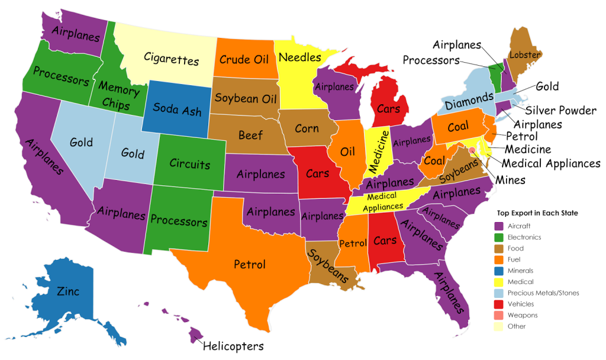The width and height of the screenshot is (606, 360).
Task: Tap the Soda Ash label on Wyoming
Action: tap(177, 110)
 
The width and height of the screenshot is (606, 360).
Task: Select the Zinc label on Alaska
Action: tap(68, 291)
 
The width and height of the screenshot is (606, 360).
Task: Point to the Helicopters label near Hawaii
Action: tap(233, 346)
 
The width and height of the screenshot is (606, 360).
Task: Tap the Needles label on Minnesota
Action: tap(299, 57)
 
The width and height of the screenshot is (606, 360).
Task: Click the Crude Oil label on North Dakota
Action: tap(244, 59)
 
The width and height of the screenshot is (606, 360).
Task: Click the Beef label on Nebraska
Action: tap(250, 136)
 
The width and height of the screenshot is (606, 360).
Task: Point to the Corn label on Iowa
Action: tap(306, 128)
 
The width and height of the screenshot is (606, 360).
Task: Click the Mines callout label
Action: tap(511, 179)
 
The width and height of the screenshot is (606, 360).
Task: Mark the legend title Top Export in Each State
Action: tap(537, 213)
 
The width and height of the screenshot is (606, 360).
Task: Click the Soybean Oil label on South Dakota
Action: tap(244, 97)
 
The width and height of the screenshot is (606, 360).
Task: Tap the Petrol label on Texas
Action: tap(249, 264)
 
